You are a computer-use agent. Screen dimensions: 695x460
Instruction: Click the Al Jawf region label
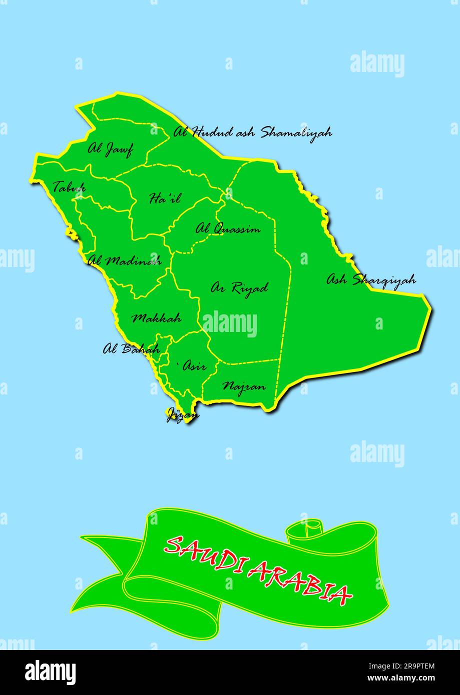pyautogui.click(x=110, y=149)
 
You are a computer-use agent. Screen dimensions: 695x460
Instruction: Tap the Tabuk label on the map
pyautogui.click(x=69, y=187)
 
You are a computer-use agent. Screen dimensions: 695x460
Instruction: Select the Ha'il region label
pyautogui.click(x=165, y=198)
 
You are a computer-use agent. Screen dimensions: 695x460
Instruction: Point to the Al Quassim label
pyautogui.click(x=228, y=229)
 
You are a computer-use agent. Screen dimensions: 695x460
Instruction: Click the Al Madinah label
pyautogui.click(x=125, y=260)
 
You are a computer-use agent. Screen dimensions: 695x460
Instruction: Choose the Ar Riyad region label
pyautogui.click(x=239, y=288)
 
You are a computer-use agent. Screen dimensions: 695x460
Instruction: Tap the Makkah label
pyautogui.click(x=156, y=318)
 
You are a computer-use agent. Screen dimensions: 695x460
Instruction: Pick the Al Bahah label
pyautogui.click(x=131, y=348)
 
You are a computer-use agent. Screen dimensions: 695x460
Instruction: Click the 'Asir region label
pyautogui.click(x=193, y=366)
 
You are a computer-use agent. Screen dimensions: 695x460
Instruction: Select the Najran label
pyautogui.click(x=244, y=386)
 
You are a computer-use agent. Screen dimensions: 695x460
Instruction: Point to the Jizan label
pyautogui.click(x=182, y=414)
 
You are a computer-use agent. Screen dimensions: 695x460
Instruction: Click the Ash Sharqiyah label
pyautogui.click(x=371, y=279)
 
